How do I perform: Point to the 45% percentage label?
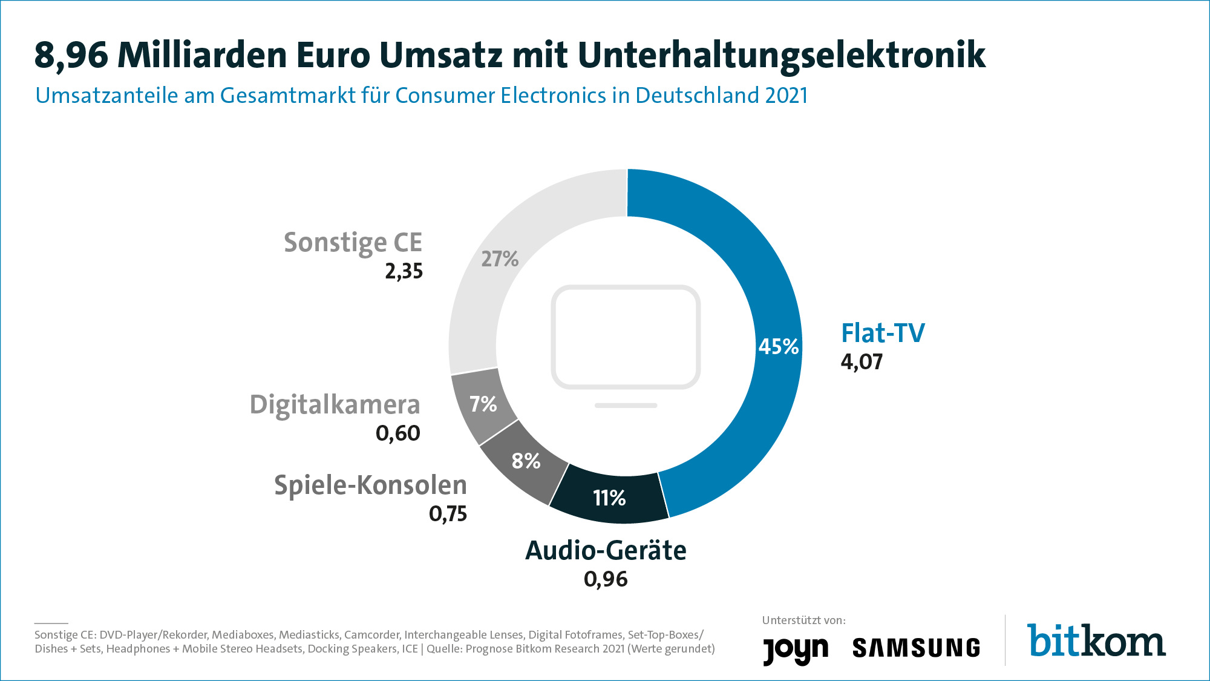pos(779,347)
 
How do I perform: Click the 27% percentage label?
pos(500,259)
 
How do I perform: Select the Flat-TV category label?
pos(883,333)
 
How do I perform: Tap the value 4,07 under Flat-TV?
pos(862,362)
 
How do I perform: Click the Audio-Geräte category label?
pos(606,551)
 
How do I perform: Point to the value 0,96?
pos(606,579)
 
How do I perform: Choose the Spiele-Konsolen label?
pos(370,485)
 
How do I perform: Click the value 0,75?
pos(448,514)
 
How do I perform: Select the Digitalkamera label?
pos(335,405)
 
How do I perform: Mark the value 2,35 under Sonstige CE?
pos(404,271)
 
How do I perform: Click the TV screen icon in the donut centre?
pos(626,339)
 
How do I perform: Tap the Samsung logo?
pos(916,648)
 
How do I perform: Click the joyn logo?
pos(795,650)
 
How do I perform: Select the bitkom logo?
pos(1096,641)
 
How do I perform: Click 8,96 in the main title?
pos(71,55)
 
